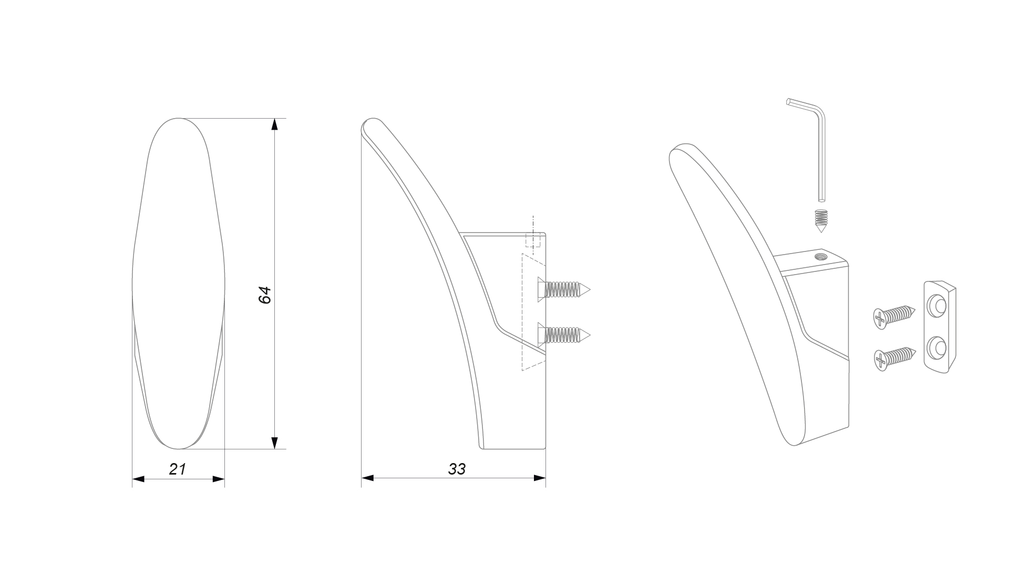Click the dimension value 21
pos(178,469)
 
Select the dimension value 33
pos(457,469)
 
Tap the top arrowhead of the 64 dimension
pos(274,124)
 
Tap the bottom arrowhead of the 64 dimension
pos(274,443)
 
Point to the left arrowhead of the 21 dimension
pos(138,479)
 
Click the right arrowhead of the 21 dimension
pos(218,479)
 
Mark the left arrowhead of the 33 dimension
pos(367,478)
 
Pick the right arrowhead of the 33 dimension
pos(540,478)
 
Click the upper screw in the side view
pos(563,289)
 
